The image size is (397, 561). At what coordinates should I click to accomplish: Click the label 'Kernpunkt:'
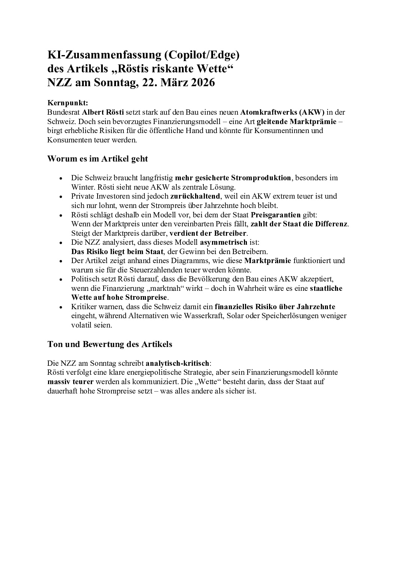68,103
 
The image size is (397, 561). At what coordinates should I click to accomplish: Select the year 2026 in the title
202,82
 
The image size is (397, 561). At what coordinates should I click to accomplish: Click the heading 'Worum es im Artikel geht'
98,159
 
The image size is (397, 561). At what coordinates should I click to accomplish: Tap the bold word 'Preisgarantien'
275,215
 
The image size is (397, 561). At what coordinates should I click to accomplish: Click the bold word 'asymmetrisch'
223,242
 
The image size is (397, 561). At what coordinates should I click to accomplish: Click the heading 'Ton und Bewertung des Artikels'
110,344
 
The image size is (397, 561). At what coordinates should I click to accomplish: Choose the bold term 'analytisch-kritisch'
177,363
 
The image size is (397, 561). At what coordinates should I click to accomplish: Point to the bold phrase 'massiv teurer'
71,382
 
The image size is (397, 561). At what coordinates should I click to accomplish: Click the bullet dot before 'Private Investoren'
61,196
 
